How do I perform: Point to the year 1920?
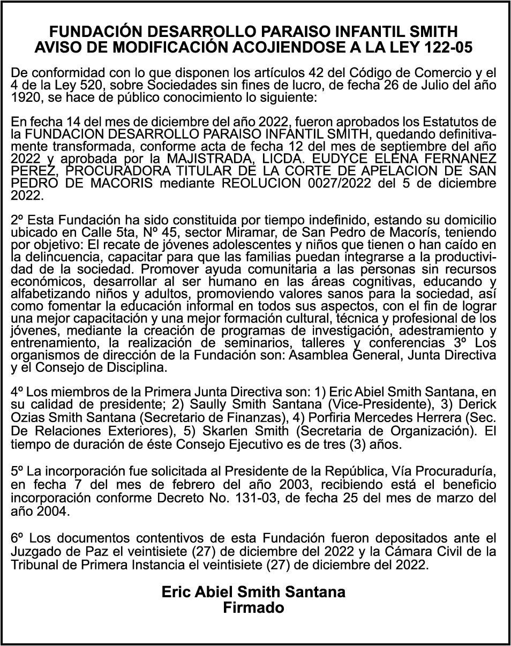tap(25, 97)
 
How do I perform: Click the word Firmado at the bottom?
tap(253, 608)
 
